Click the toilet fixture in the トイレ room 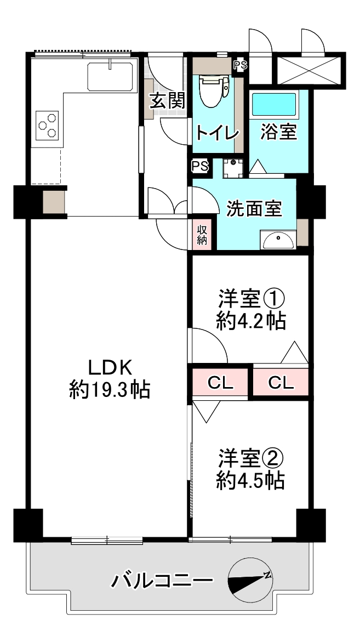(x=213, y=90)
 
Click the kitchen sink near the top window (x=111, y=76)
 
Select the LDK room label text (x=110, y=368)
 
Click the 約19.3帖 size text (x=109, y=390)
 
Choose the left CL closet (x=220, y=383)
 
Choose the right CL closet (x=281, y=383)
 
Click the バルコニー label (x=163, y=581)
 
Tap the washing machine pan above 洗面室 (x=233, y=167)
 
